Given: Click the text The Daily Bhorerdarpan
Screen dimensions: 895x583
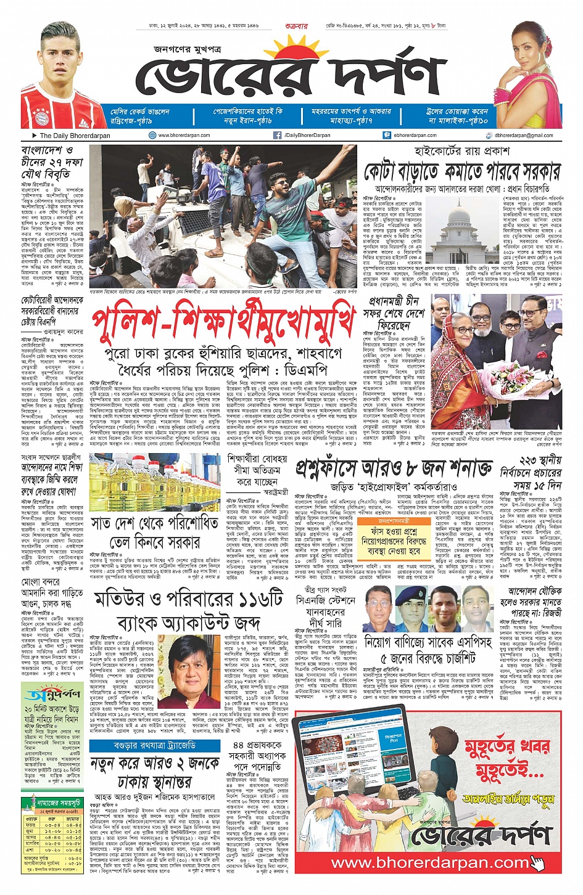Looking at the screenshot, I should click(x=75, y=135).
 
